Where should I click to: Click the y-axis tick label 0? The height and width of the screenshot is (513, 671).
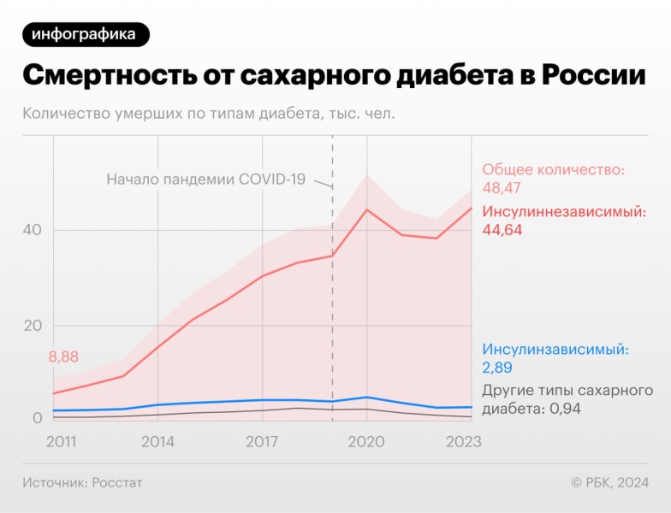click(37, 418)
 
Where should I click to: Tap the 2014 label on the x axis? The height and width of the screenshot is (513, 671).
click(157, 441)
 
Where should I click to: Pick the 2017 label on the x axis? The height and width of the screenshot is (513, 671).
click(262, 441)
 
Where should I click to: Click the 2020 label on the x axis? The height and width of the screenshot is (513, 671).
click(366, 441)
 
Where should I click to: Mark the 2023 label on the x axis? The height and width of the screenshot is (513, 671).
click(463, 441)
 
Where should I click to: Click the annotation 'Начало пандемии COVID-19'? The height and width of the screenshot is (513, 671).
click(205, 180)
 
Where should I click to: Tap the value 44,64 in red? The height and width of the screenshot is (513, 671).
click(502, 229)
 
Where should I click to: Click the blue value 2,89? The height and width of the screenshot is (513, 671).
click(498, 368)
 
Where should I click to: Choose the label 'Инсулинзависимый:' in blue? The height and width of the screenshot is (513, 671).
click(555, 350)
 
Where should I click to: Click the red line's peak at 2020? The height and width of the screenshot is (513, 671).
click(367, 209)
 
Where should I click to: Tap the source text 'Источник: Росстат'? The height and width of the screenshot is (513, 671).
click(82, 483)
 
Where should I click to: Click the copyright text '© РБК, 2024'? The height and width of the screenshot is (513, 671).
click(609, 483)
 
